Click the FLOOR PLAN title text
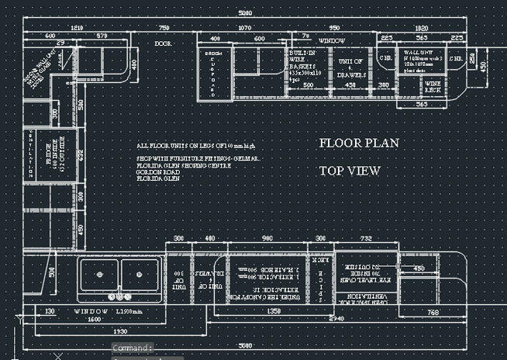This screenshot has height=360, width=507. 359,143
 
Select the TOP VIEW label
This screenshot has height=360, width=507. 350,170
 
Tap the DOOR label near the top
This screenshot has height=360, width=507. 163,44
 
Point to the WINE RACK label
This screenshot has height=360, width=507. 433,87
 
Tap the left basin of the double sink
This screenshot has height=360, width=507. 98,274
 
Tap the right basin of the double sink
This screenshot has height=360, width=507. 140,274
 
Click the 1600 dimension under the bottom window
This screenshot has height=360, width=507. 93,319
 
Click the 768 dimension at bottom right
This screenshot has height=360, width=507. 433,312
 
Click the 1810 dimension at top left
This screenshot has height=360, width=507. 77,27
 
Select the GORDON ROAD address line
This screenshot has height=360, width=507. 156,172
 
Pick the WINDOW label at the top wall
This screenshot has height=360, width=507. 333,40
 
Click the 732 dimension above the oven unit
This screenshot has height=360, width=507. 365,239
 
